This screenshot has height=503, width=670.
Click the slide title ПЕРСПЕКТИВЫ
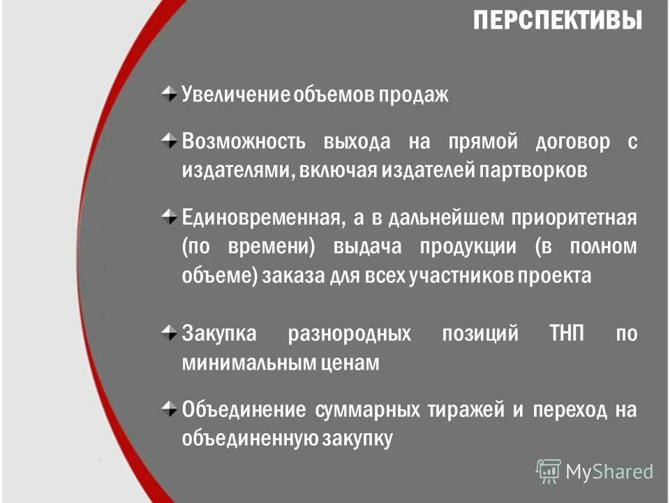(x=557, y=21)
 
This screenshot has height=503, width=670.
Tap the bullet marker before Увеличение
(x=168, y=94)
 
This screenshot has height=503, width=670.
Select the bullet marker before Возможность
(x=168, y=140)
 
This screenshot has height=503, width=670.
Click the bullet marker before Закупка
(x=168, y=332)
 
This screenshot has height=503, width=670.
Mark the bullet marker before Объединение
(x=168, y=408)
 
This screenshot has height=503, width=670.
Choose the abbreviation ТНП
(x=568, y=333)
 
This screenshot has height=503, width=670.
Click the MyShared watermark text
(x=609, y=472)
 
